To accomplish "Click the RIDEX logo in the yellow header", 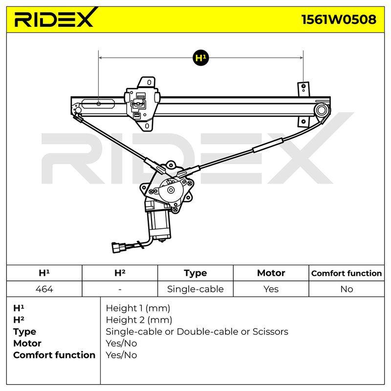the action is coord(56,18).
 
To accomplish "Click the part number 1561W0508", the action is coord(339,20).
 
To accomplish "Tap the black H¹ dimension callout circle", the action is coord(201,58).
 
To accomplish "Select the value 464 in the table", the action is coord(44,289).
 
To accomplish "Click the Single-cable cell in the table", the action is coord(195,289).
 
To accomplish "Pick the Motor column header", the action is coord(271,273).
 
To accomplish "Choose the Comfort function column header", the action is coord(347,273).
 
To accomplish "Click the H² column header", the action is coord(120,273).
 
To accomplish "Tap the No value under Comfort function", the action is coord(347,289).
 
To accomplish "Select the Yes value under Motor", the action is coord(271,289).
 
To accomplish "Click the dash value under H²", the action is coord(120,289).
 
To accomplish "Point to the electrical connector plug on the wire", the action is coord(117,247).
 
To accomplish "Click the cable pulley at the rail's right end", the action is coord(321,110).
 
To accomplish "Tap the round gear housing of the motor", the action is coord(171,190).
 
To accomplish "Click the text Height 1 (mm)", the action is coord(138,308).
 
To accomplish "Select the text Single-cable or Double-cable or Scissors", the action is coord(197,332).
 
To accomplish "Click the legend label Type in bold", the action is coord(24,332).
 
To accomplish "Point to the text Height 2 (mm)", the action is coord(139,320).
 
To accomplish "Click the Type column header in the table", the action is coord(195,273).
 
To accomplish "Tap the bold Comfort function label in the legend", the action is coord(54,355).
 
